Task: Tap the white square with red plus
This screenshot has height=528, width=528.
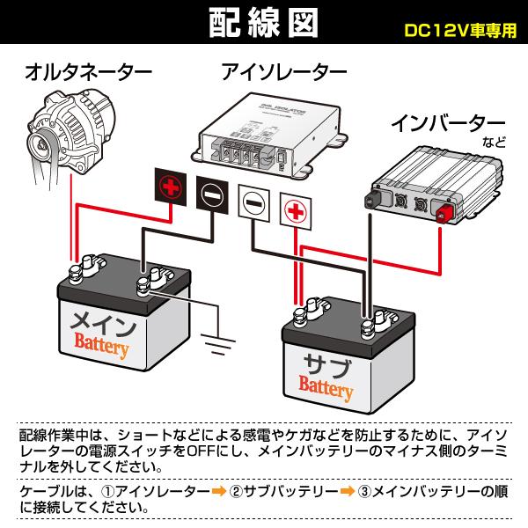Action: click(296, 210)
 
